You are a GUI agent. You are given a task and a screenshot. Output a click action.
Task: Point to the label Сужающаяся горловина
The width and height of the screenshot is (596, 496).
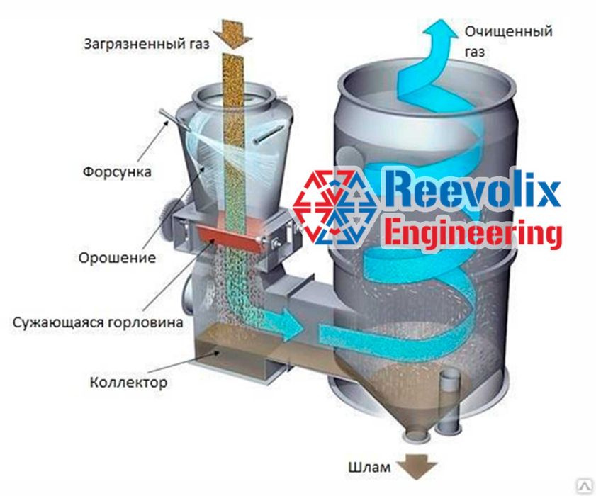(x=97, y=322)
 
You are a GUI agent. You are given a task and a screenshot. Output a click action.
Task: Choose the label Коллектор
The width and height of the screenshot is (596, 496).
(x=128, y=383)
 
